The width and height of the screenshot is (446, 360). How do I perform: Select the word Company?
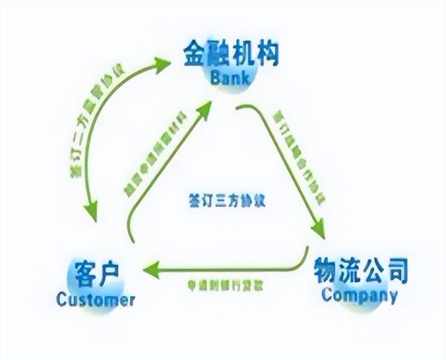359,295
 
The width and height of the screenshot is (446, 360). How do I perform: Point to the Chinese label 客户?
94,273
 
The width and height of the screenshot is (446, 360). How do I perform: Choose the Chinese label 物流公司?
360,269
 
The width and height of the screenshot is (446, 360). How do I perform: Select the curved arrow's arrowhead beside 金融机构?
164,63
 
